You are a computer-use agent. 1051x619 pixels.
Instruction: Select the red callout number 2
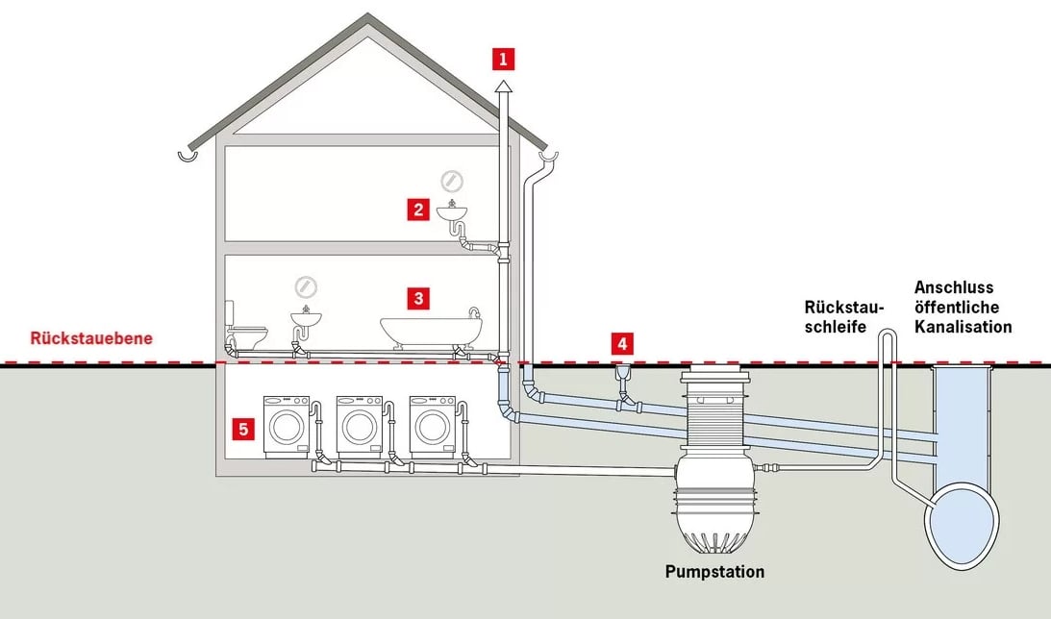pos(416,210)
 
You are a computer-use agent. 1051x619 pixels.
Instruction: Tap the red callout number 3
pos(416,298)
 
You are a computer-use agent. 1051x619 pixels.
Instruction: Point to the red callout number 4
pos(623,342)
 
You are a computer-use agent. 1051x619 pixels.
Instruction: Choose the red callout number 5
pos(243,429)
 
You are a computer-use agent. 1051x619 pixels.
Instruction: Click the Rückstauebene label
pos(91,338)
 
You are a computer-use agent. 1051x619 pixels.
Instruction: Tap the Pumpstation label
pos(714,572)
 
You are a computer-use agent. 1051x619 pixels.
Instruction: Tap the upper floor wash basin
pos(451,211)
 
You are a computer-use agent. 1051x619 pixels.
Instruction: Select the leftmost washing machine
pos(287,426)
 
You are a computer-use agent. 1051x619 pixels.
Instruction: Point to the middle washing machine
pos(360,426)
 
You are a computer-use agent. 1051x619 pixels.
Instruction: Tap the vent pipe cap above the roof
pos(503,87)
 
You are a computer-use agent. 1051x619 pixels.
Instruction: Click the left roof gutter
pos(189,154)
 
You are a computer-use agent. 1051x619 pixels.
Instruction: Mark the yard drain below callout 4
pos(623,371)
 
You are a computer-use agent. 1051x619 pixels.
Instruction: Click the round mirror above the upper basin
pos(451,180)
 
